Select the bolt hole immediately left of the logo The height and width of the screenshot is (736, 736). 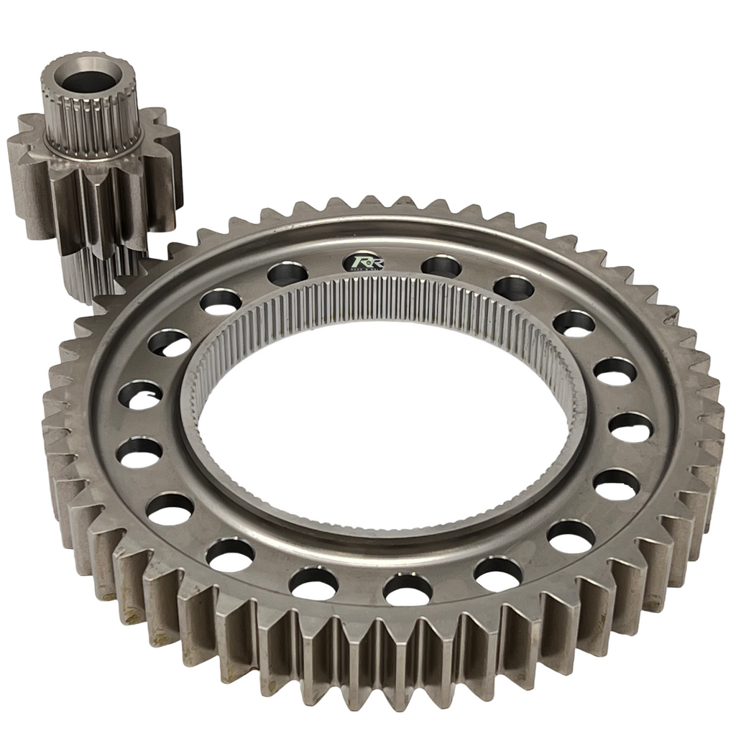click(287, 274)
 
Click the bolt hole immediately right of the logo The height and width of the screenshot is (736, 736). click(441, 267)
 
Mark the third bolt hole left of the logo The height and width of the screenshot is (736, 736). click(170, 343)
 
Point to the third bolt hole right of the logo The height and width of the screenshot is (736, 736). click(574, 323)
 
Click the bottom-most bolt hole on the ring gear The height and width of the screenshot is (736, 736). click(408, 589)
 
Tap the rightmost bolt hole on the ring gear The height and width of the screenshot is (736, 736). click(630, 427)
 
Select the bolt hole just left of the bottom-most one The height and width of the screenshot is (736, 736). click(313, 583)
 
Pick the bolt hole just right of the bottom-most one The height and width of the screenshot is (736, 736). click(498, 574)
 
